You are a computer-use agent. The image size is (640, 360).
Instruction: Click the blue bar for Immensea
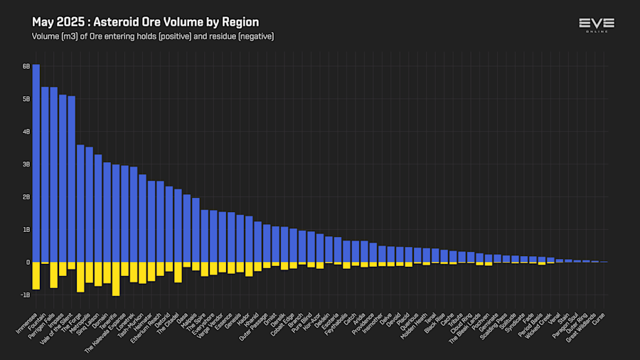tap(36, 164)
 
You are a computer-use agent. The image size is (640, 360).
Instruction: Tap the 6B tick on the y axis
tap(26, 66)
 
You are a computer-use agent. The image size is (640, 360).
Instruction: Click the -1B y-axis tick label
tap(26, 295)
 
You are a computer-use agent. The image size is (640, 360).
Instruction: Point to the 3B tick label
tap(26, 164)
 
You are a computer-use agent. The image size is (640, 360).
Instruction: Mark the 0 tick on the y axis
tap(28, 263)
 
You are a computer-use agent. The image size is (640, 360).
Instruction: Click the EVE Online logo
tap(596, 26)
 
